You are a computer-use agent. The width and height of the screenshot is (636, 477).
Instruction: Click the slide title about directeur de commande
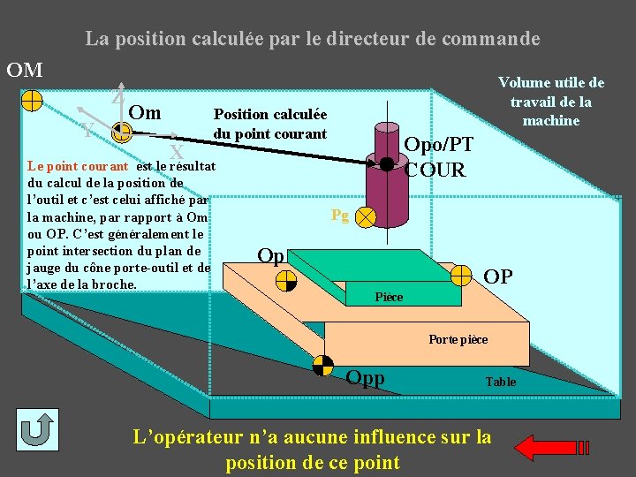pyautogui.click(x=312, y=39)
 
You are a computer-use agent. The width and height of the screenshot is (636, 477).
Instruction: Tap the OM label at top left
pyautogui.click(x=25, y=69)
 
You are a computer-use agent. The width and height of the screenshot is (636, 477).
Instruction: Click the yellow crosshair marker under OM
pyautogui.click(x=31, y=99)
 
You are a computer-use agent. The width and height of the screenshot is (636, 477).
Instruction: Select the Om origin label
pyautogui.click(x=144, y=112)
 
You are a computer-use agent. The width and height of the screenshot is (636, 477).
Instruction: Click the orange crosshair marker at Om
pyautogui.click(x=122, y=133)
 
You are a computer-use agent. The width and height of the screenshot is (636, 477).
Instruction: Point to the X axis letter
pyautogui.click(x=177, y=152)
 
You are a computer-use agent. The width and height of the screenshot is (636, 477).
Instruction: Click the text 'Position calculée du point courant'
pyautogui.click(x=269, y=124)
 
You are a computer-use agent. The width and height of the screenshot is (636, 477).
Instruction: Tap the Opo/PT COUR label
pyautogui.click(x=438, y=156)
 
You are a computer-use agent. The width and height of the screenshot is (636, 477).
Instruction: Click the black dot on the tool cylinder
pyautogui.click(x=386, y=163)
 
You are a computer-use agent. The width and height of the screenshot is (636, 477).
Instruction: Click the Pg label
pyautogui.click(x=340, y=215)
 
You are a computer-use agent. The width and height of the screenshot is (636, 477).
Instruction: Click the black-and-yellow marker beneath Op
pyautogui.click(x=287, y=281)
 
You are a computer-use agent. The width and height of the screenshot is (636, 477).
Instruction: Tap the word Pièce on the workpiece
pyautogui.click(x=389, y=297)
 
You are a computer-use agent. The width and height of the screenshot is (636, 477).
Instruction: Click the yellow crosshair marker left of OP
pyautogui.click(x=461, y=276)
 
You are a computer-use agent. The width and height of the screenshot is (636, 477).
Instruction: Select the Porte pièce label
pyautogui.click(x=458, y=339)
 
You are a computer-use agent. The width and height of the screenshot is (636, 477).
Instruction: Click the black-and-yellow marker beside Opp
pyautogui.click(x=324, y=366)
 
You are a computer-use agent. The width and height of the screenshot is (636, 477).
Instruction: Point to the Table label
pyautogui.click(x=500, y=382)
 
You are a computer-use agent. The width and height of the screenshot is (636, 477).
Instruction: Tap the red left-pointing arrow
pyautogui.click(x=547, y=447)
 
